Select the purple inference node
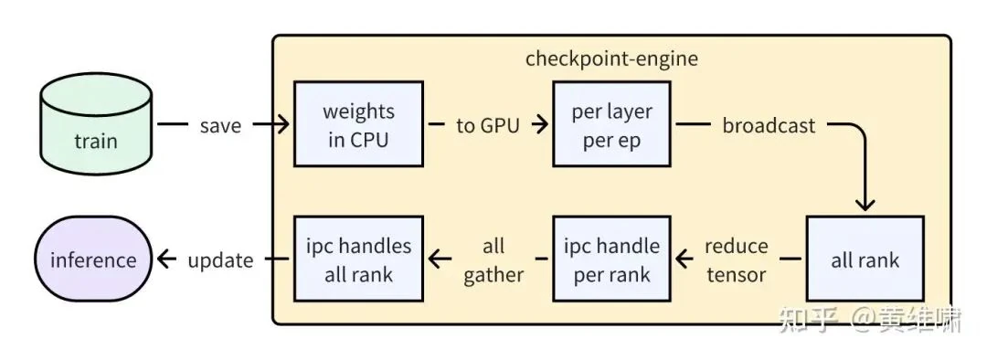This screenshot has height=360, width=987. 92,259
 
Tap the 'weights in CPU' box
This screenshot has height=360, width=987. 358,124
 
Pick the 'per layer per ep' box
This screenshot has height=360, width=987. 611,124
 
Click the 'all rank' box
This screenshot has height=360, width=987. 865,259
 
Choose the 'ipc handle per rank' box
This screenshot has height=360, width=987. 611,259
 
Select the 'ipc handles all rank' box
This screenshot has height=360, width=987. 358,259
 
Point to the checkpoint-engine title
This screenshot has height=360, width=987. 611,58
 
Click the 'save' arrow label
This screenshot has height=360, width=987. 220,125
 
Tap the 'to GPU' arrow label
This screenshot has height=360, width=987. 487,125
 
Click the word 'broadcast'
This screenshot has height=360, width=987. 769,125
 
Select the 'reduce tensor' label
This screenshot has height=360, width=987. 737,259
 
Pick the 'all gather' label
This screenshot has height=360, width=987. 493,259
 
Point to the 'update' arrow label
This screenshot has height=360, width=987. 220,260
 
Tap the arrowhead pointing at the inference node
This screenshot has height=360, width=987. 164,260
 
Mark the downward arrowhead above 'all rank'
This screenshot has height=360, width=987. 865,204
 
